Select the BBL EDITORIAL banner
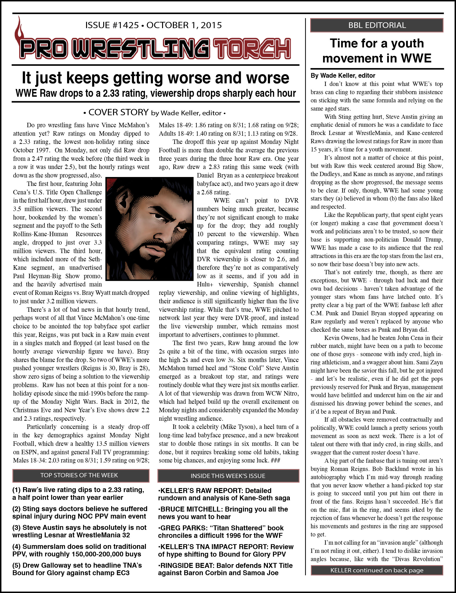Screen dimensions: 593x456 click(x=377, y=25)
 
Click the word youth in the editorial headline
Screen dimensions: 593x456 click(x=407, y=43)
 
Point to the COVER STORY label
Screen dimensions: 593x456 click(x=118, y=112)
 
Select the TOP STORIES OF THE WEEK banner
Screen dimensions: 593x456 click(x=79, y=475)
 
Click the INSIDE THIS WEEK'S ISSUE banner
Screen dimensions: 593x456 click(x=228, y=476)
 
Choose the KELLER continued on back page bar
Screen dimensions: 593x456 click(x=377, y=570)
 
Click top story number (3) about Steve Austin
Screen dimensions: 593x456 click(x=79, y=531)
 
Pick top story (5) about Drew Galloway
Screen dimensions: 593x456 click(x=77, y=569)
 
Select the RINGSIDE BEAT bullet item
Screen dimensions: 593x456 click(x=225, y=569)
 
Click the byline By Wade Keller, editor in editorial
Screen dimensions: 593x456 click(x=343, y=76)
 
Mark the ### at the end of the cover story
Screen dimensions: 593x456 click(x=275, y=460)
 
